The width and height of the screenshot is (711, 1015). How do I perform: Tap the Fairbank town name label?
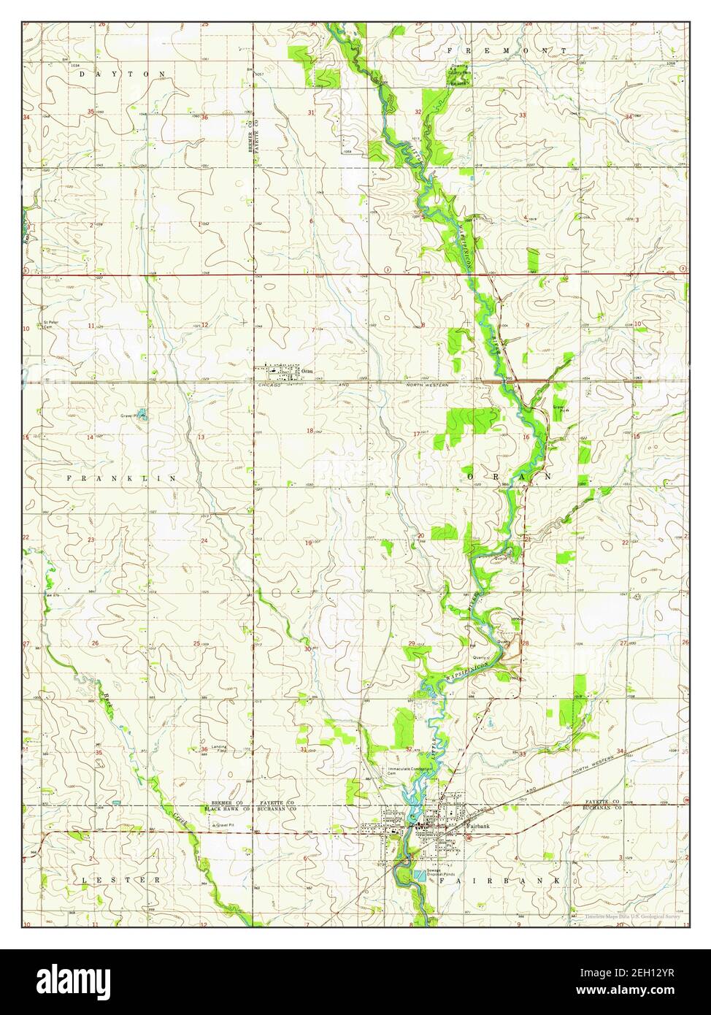point(477,826)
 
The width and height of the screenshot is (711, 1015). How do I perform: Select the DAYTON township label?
point(123,74)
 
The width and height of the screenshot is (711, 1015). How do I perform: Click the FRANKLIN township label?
point(122,478)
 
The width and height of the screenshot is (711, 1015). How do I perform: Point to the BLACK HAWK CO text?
point(228,810)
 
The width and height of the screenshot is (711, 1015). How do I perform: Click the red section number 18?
point(310,431)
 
